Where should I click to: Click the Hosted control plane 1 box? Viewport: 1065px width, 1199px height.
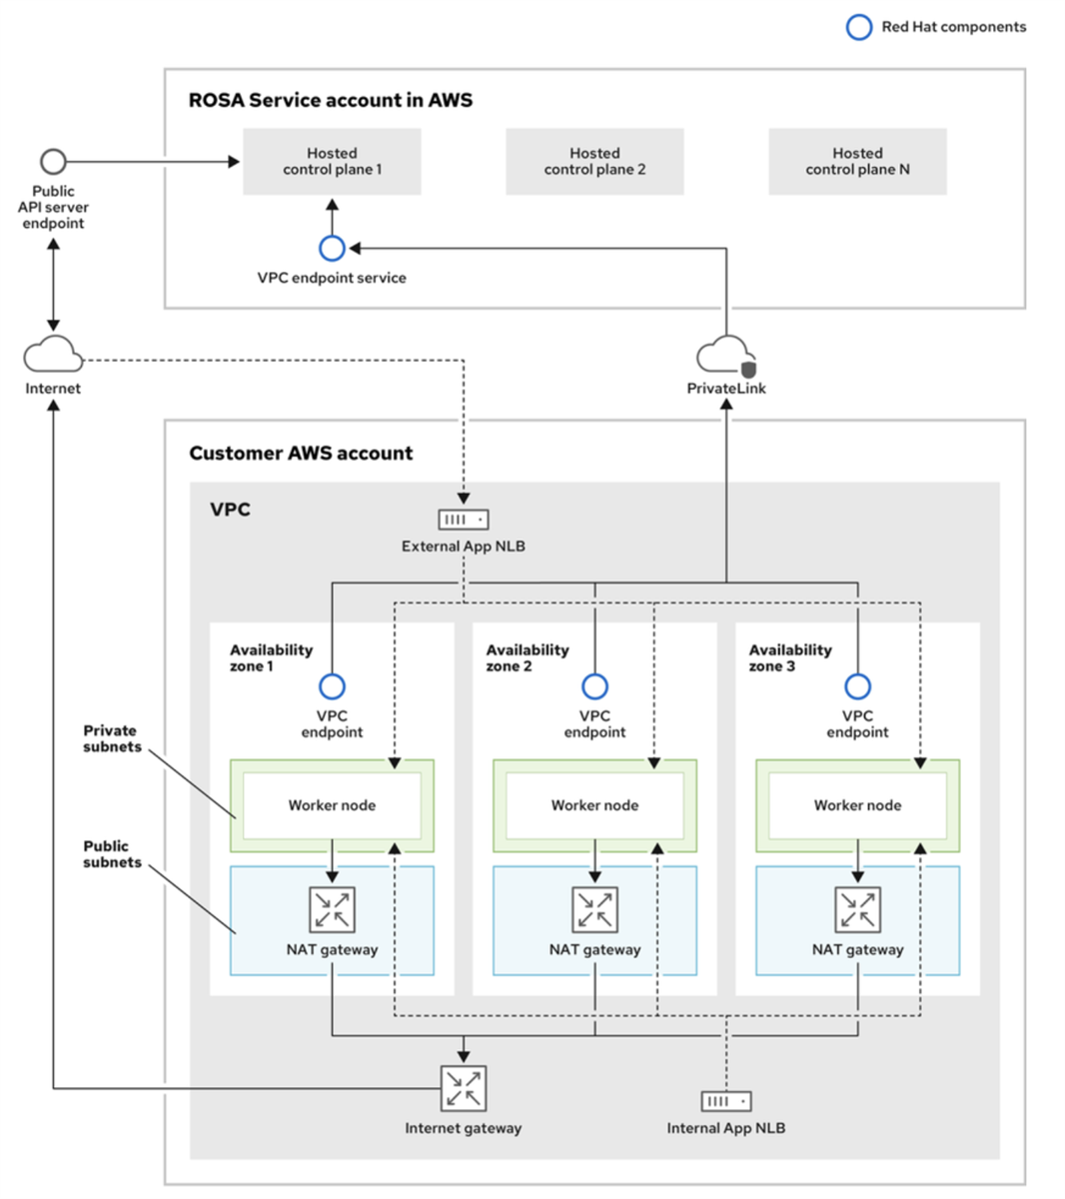click(332, 161)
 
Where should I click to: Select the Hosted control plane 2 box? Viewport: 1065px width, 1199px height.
click(594, 161)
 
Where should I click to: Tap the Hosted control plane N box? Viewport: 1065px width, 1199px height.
click(857, 161)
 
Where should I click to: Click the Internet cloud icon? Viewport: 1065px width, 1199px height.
click(53, 355)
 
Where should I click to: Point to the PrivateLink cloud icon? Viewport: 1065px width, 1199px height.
click(726, 356)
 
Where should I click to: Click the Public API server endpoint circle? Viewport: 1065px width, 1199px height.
click(53, 161)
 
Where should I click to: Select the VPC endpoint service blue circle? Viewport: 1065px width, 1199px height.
click(332, 248)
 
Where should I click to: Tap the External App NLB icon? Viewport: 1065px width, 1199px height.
click(464, 520)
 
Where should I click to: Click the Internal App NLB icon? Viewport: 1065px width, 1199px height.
click(726, 1101)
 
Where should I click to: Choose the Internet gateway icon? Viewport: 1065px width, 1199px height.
click(464, 1088)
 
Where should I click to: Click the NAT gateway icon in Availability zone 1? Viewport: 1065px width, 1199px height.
click(332, 910)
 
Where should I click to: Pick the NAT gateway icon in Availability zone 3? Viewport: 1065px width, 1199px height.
click(857, 910)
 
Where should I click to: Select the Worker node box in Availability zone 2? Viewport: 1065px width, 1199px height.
click(594, 805)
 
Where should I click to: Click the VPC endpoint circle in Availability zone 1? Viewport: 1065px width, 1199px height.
click(332, 686)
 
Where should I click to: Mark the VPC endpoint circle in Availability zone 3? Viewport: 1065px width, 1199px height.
click(857, 686)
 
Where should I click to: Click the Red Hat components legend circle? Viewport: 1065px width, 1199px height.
click(859, 27)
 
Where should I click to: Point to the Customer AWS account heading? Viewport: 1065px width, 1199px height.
click(301, 453)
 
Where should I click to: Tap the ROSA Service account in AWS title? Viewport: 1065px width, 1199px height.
click(331, 100)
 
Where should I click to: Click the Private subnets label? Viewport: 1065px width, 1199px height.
click(111, 738)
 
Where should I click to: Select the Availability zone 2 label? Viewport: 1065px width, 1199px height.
click(527, 657)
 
